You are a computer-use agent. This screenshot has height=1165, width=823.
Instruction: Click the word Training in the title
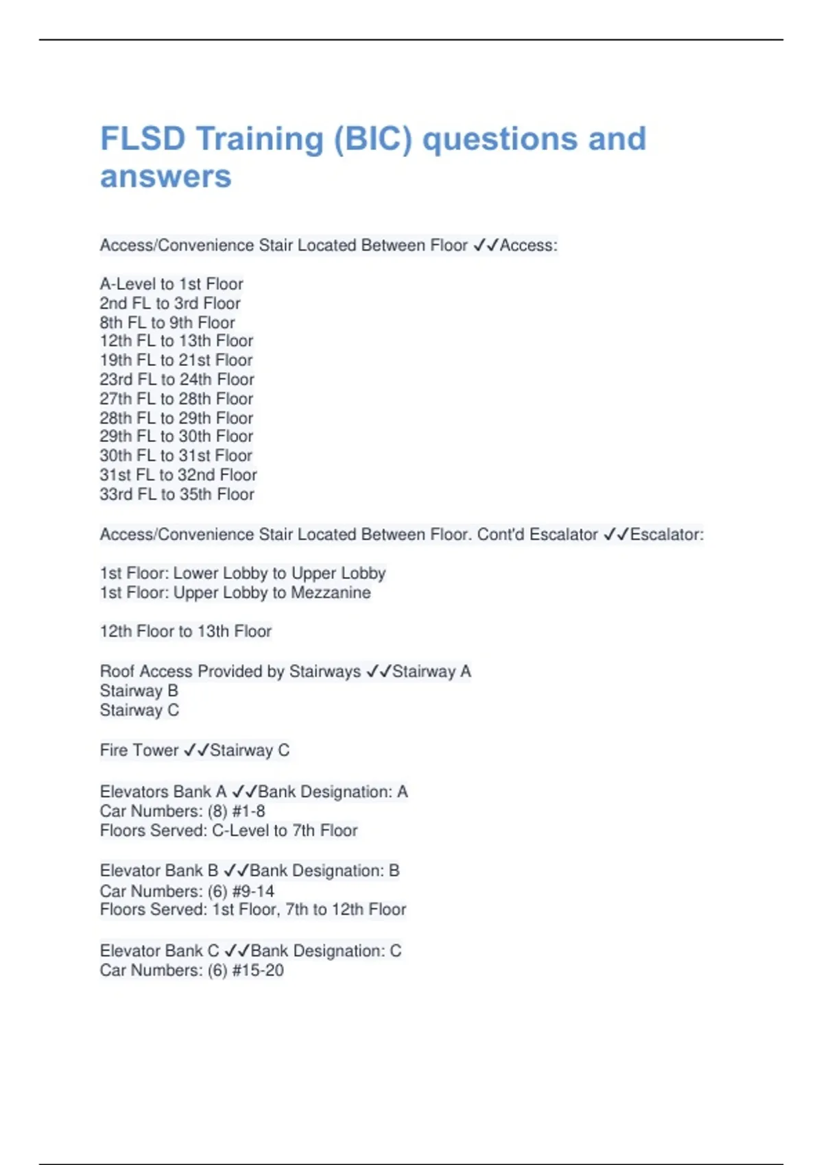click(x=260, y=139)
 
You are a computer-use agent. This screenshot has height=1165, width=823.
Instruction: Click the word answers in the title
click(x=166, y=177)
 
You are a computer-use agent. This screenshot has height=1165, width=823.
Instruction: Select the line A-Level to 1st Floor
click(x=171, y=284)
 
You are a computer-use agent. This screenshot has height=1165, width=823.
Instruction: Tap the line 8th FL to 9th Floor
click(x=167, y=322)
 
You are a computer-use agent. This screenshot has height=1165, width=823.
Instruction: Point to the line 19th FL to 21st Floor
click(x=176, y=360)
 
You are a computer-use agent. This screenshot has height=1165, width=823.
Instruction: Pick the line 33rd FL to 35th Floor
click(x=177, y=494)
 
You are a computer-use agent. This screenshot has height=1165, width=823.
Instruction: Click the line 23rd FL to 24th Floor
click(x=177, y=379)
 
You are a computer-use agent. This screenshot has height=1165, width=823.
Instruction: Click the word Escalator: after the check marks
click(x=667, y=535)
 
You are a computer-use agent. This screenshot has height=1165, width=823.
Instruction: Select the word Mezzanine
click(x=331, y=593)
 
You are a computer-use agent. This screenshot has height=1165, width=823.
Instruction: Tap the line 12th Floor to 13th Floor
click(x=186, y=631)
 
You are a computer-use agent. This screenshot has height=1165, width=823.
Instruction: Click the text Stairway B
click(x=139, y=691)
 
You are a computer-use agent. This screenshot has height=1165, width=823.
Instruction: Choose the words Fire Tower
click(x=139, y=750)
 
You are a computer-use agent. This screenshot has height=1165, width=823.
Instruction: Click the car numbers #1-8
click(x=249, y=811)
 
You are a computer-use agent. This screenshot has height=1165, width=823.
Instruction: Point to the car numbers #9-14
click(x=254, y=891)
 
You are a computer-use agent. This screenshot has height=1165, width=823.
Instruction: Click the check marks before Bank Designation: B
click(x=237, y=870)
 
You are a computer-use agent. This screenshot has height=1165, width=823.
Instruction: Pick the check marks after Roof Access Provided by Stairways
click(x=379, y=672)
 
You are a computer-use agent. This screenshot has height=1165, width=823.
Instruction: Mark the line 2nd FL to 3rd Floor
click(x=170, y=303)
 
